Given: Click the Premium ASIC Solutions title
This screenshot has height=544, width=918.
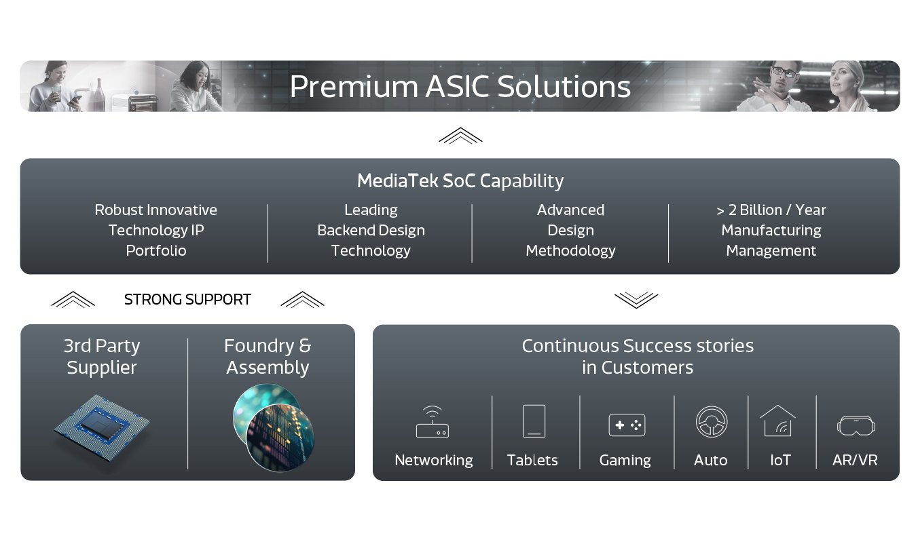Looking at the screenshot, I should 460,87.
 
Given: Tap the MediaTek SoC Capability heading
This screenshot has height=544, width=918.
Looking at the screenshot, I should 460,181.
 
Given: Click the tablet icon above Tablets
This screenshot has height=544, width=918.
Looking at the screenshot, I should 534,421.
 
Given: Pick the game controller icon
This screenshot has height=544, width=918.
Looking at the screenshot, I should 627,425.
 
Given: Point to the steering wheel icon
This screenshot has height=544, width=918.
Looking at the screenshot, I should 712,421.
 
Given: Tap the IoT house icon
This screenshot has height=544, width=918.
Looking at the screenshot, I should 778,421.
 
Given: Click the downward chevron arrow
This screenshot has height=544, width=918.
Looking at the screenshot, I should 636,300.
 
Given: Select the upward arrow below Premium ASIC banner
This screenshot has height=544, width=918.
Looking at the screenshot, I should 460,136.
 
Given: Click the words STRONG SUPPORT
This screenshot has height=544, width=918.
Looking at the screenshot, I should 187,300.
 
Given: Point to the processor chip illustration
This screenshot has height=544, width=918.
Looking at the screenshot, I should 102,427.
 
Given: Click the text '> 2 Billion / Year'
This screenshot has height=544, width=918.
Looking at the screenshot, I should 771,210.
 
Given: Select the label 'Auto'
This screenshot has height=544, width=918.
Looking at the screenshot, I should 710,460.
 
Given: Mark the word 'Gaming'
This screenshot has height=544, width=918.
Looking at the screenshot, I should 625,460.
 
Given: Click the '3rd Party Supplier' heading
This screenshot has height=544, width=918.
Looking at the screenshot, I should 102,357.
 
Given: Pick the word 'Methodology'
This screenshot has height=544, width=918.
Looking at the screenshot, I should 570,251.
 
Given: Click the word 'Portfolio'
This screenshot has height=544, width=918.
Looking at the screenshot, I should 155,251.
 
